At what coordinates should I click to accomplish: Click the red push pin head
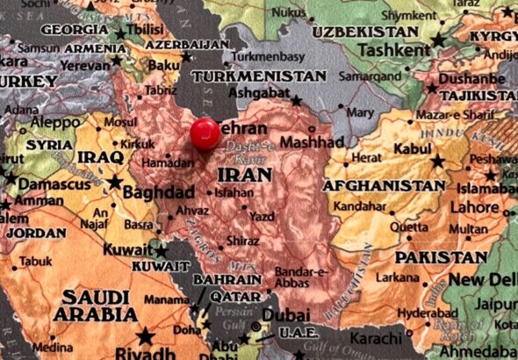click(x=205, y=133)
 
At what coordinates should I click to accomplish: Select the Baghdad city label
click(x=158, y=192)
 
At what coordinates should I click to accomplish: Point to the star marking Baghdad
click(x=114, y=183)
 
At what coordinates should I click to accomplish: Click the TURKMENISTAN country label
click(x=258, y=76)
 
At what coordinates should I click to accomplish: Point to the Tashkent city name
click(x=395, y=49)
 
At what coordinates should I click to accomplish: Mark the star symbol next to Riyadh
click(x=145, y=335)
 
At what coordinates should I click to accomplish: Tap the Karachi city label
click(x=376, y=338)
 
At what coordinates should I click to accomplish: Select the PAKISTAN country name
click(x=440, y=258)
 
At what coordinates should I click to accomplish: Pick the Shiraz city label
click(x=242, y=241)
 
